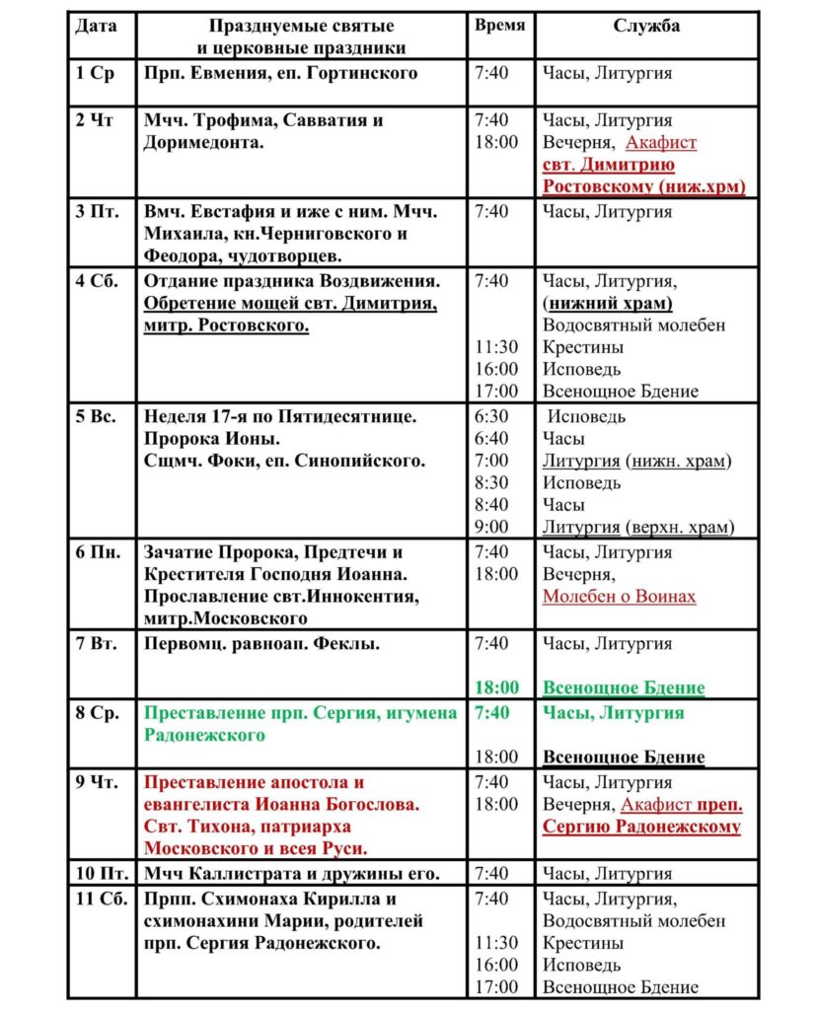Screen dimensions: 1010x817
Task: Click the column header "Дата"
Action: click(x=96, y=27)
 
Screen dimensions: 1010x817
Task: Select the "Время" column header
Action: click(x=499, y=27)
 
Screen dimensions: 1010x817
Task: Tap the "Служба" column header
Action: click(x=646, y=27)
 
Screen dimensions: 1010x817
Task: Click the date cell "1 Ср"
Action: click(x=96, y=73)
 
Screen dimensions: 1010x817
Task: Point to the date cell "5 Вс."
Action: click(x=97, y=415)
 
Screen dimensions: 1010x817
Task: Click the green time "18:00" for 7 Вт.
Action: click(x=496, y=687)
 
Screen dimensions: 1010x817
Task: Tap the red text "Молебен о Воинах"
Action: click(x=619, y=597)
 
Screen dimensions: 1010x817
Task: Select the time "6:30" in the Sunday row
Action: click(x=491, y=415)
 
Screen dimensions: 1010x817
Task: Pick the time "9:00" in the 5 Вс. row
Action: click(x=491, y=527)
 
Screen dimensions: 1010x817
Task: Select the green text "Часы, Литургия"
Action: click(x=613, y=712)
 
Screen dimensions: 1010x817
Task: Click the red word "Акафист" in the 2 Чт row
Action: click(x=661, y=143)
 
